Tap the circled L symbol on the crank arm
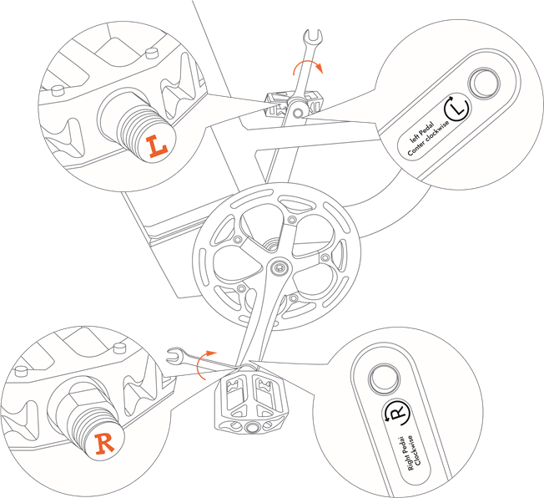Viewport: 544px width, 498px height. [456, 105]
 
